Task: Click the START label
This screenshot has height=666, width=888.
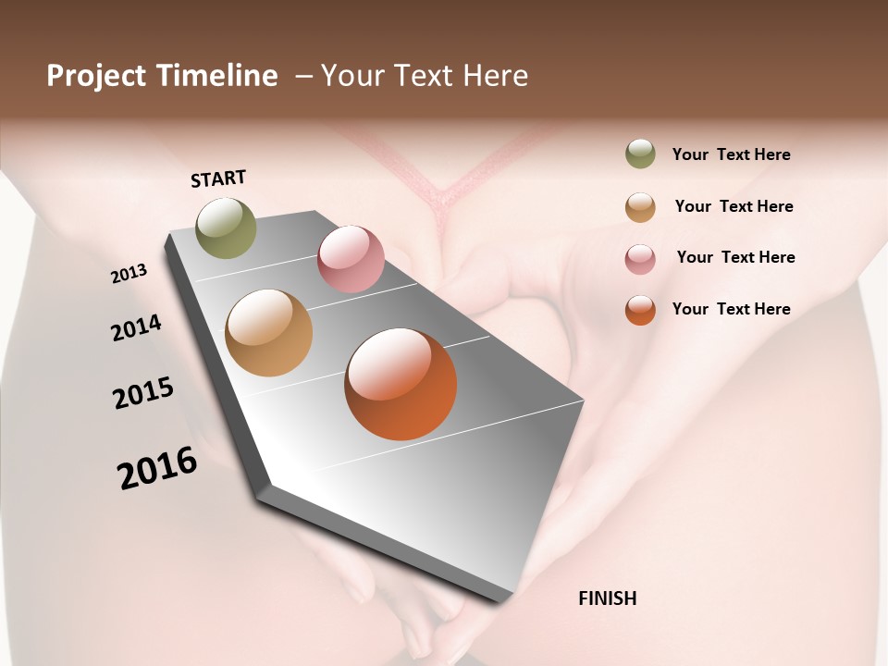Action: coord(218,178)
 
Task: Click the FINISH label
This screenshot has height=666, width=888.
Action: coord(607,598)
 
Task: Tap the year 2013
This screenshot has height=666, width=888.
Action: coord(129,274)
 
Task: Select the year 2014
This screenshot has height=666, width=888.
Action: coord(136,327)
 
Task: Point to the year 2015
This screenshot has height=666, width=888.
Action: coord(143,393)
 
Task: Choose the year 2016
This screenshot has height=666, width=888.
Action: coord(157,468)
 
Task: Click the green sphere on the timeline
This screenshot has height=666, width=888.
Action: coord(227,228)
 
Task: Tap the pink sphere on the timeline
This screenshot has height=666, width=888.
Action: coord(351,259)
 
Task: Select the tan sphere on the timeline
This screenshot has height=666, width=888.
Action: coord(269,333)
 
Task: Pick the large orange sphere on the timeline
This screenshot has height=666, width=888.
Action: coord(401,384)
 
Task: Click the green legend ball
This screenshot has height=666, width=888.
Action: coord(640,154)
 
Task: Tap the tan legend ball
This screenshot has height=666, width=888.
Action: coord(640,206)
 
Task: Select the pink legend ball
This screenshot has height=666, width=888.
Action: coord(640,258)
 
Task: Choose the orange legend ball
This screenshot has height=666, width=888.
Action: coord(640,310)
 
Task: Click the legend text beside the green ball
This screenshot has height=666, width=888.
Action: coord(731,154)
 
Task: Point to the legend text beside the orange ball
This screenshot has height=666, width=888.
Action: coord(731,309)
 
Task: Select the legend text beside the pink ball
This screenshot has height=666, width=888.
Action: coord(735,257)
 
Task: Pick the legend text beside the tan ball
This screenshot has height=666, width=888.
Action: coord(734,206)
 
